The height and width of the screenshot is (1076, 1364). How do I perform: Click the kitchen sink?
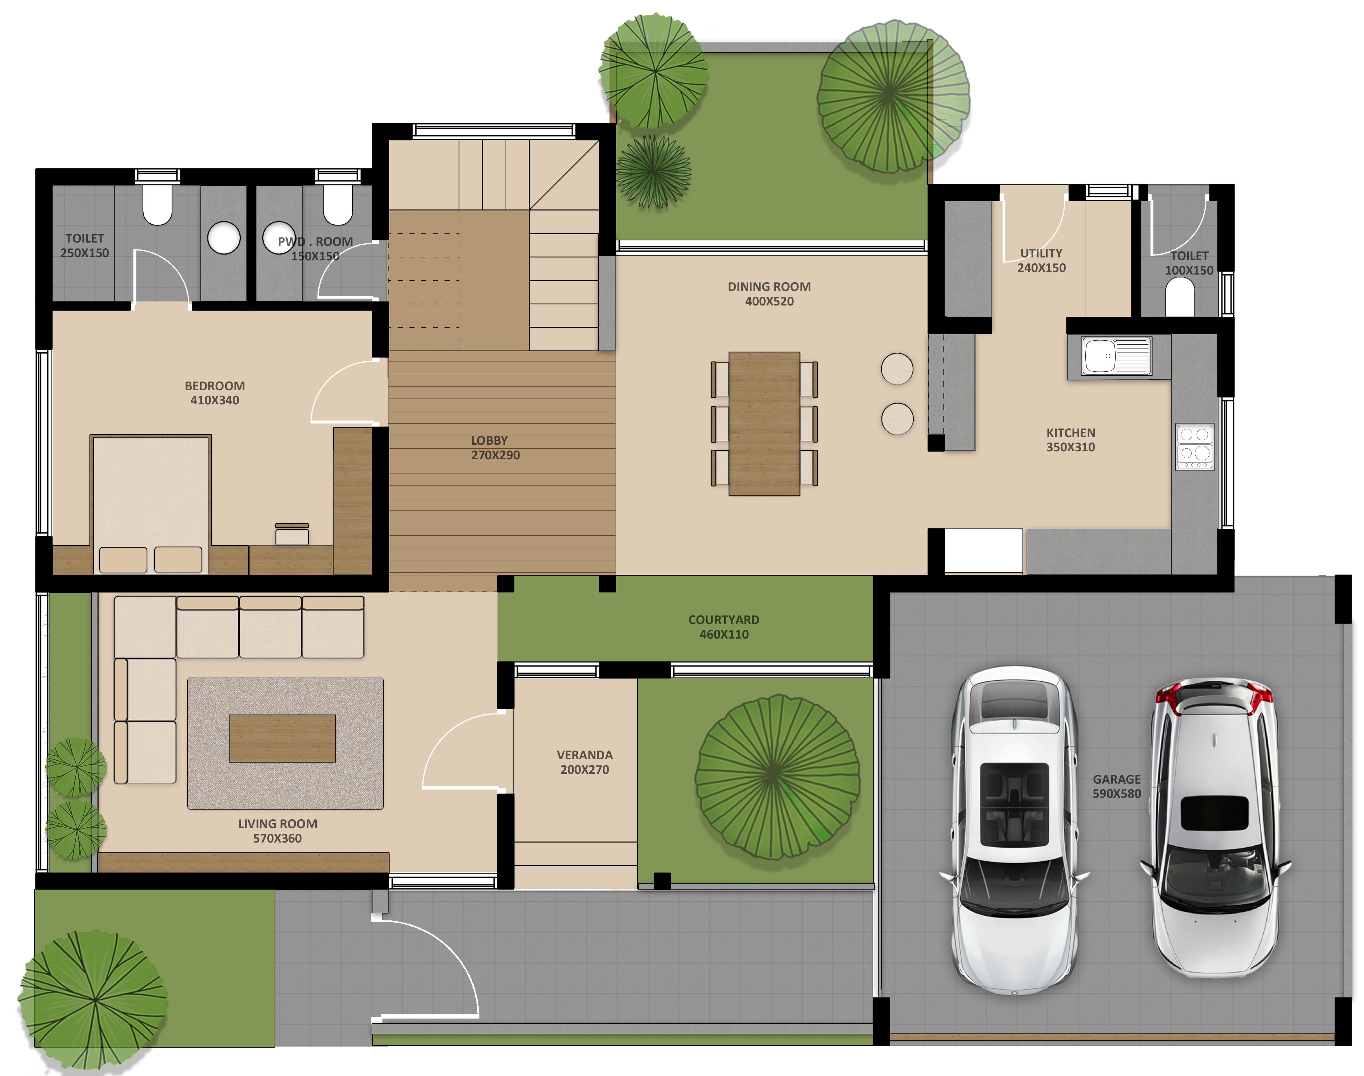[x=1116, y=356]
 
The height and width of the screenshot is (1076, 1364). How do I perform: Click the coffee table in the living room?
[x=282, y=738]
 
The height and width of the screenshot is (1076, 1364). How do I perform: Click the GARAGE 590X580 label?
[x=1116, y=786]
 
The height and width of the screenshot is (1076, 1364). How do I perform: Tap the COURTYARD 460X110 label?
[x=724, y=627]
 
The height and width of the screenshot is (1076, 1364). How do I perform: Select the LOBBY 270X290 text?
[x=495, y=447]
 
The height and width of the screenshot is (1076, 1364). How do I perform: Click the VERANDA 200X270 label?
[x=585, y=762]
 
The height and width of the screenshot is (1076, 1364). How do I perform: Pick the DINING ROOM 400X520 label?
[x=769, y=293]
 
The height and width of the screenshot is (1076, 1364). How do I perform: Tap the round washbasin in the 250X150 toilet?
[x=224, y=238]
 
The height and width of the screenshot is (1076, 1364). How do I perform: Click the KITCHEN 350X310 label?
[x=1070, y=440]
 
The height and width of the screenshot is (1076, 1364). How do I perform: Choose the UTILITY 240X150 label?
[x=1041, y=260]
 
